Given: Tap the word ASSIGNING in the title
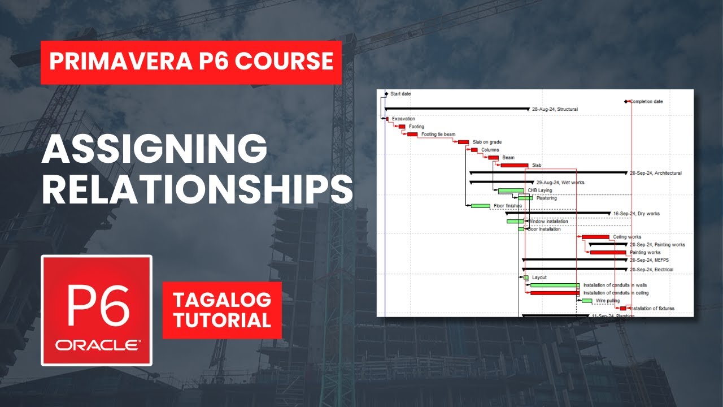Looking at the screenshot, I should (x=154, y=150).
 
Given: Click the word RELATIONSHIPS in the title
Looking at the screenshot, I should (x=197, y=189).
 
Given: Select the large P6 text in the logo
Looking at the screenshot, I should (x=96, y=304).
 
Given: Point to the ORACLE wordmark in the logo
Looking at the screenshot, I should (x=97, y=345).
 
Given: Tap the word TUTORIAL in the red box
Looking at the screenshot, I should (x=222, y=321).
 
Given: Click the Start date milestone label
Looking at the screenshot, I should (x=400, y=94).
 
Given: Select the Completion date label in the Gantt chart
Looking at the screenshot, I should (x=646, y=102).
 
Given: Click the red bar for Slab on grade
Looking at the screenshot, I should (x=463, y=142).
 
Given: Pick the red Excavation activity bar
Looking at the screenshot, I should (x=387, y=119).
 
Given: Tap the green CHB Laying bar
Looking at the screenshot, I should (x=511, y=190).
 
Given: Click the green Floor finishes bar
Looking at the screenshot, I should (x=481, y=206).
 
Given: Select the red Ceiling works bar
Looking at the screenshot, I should (x=595, y=237).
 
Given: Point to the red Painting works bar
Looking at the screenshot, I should (x=608, y=252).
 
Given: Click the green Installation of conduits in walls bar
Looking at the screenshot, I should (x=555, y=285).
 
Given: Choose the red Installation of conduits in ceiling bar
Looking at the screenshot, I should (x=555, y=293).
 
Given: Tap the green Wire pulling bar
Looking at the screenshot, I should (x=587, y=301).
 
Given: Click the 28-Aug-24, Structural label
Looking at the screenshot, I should (x=555, y=109).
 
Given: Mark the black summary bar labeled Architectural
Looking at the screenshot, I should (x=548, y=172).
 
